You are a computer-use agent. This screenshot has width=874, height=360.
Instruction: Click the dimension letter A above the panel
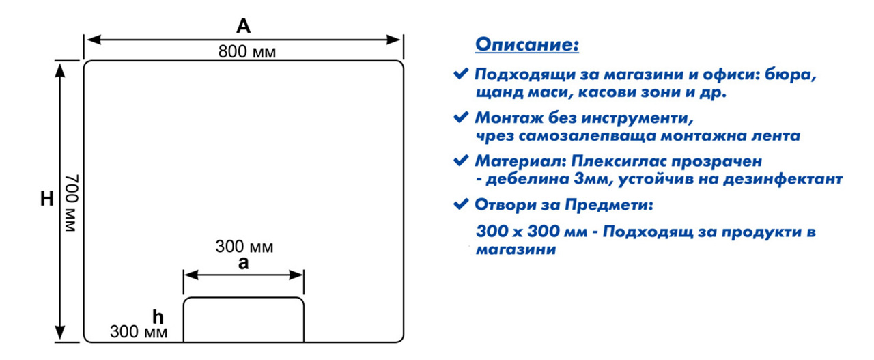(244, 26)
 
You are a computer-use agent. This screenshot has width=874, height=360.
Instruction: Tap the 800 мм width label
(247, 51)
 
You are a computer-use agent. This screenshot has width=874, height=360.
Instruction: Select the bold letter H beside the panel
(47, 199)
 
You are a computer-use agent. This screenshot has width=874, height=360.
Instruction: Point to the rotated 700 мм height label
(72, 203)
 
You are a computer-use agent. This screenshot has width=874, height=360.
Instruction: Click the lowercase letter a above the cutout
(244, 263)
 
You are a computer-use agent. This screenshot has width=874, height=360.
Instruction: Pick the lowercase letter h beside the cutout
(158, 317)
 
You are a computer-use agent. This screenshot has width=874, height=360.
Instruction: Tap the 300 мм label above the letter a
(244, 247)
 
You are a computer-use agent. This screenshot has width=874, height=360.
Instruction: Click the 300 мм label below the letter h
(139, 331)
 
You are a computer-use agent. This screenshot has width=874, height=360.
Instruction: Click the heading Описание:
(526, 44)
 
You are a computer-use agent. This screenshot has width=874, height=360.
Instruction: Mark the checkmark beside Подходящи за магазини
(461, 73)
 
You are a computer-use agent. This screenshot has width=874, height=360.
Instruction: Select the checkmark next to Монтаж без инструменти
(461, 117)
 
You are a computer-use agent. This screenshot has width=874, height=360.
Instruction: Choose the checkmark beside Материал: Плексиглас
(461, 160)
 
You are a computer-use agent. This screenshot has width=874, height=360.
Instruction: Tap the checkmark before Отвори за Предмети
(461, 204)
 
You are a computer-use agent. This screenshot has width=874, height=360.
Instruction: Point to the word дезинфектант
(783, 179)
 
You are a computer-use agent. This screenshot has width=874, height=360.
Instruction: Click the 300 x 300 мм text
(531, 231)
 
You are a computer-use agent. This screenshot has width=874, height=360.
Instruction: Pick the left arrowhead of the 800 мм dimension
(94, 40)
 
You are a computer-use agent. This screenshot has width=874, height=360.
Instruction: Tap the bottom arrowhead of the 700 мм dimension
(59, 333)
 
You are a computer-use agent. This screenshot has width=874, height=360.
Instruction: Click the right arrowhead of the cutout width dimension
(296, 275)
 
